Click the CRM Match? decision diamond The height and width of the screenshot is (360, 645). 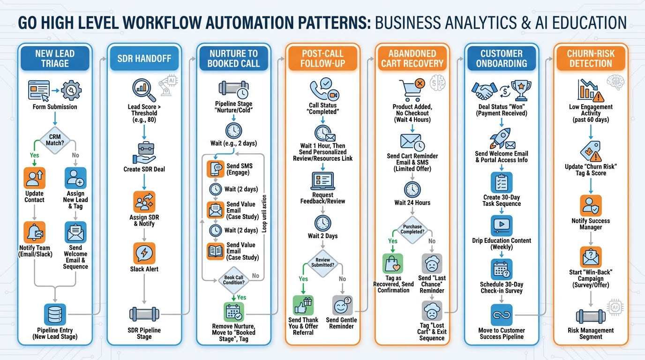pos(55,140)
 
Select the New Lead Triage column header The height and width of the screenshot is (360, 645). pos(55,59)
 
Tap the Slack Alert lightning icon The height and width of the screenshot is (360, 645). pos(144,254)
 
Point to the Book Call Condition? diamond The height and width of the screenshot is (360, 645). pos(234,280)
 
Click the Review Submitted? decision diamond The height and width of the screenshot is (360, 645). pos(322,262)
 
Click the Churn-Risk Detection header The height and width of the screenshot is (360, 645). pos(591,59)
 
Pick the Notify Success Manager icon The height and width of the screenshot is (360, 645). pos(591,205)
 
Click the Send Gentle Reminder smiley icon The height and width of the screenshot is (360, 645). pos(342,306)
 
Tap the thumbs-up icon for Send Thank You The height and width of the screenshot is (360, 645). pos(303,306)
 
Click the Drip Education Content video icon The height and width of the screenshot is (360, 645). pos(501,225)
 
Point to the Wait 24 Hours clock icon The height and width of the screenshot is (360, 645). pos(412,189)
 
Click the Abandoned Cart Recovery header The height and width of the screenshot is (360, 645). pos(412,59)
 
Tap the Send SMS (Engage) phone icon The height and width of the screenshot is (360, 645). pos(216,169)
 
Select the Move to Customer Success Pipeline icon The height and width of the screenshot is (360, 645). pos(501,315)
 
